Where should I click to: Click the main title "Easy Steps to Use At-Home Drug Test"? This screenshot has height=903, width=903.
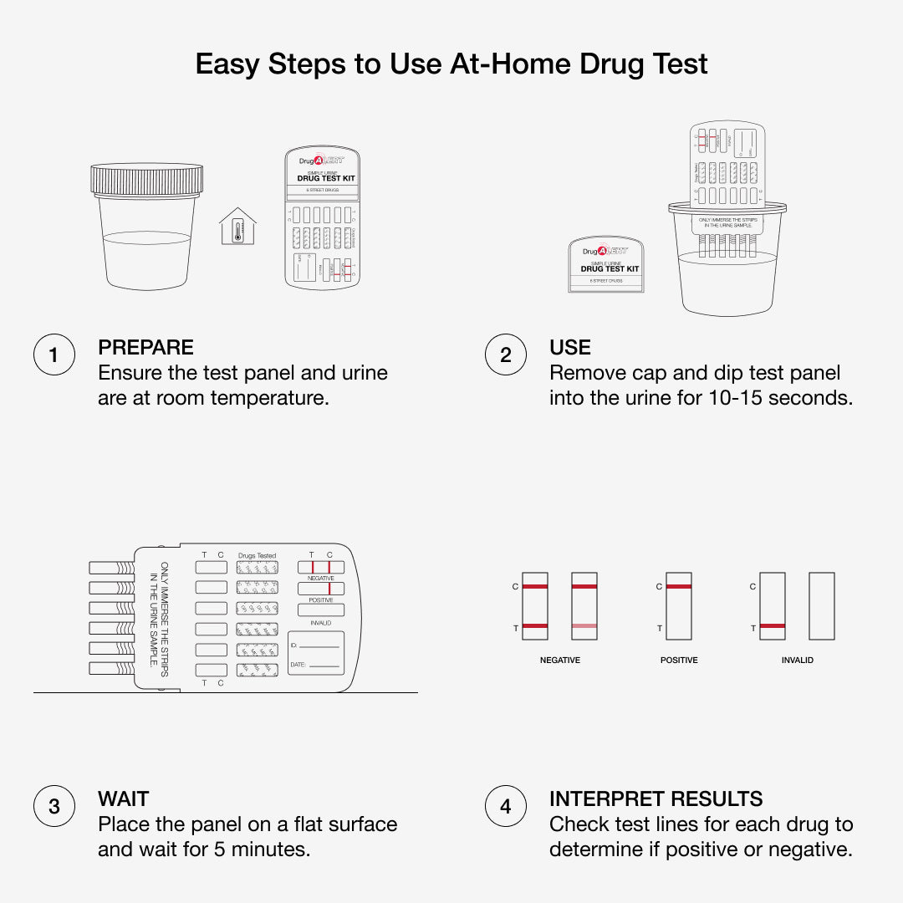coord(451,64)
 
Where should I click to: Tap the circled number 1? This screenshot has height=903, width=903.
coord(54,355)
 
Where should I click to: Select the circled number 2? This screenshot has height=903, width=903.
coord(505,355)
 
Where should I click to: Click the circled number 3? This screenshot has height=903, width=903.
coord(54,807)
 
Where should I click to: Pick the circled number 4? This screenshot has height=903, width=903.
coord(505,807)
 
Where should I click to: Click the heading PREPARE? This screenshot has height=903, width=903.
coord(145,348)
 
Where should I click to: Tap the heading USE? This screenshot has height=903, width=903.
coord(569,348)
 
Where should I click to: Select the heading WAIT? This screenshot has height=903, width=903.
coord(123,799)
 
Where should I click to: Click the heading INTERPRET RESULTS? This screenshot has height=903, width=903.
coord(656,799)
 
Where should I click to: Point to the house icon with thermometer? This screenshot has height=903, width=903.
coord(238,227)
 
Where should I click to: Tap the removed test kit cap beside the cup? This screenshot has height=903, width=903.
coord(605,263)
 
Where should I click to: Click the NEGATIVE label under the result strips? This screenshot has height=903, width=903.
coord(559,661)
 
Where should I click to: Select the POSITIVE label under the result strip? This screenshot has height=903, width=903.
coord(679,661)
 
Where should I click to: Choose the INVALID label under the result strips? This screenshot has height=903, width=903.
coord(797,661)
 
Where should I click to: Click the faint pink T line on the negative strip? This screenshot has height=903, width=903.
coord(584,626)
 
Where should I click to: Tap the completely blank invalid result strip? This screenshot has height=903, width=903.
coord(822,606)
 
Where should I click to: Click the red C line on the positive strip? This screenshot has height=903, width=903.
coord(679,587)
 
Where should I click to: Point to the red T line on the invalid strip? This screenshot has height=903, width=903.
coord(773,626)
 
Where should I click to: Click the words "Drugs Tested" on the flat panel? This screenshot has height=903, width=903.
coord(257,556)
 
